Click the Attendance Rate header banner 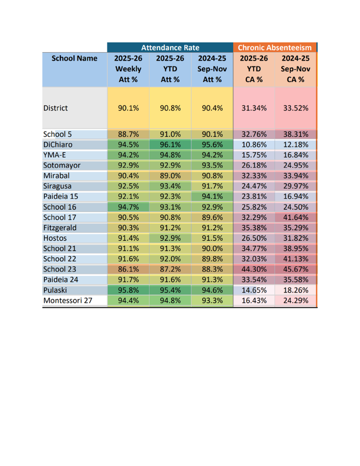(x=170, y=47)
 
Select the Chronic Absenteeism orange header (x=275, y=47)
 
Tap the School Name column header (x=75, y=59)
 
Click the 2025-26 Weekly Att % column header (x=128, y=69)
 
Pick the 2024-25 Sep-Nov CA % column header (x=295, y=69)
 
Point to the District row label (x=56, y=108)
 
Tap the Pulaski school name (x=55, y=290)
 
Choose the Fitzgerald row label (x=60, y=228)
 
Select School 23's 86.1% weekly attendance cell (x=128, y=269)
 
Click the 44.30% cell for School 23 (x=254, y=269)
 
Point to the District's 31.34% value (x=254, y=108)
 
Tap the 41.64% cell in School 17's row (x=295, y=217)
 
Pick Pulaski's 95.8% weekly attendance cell (x=128, y=290)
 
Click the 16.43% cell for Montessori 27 (x=254, y=300)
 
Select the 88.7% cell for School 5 (x=128, y=134)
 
